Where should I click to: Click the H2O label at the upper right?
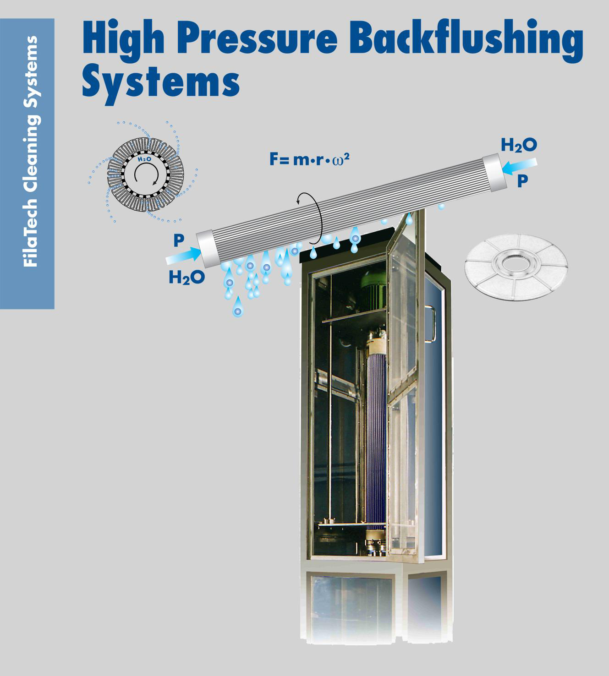click(x=519, y=145)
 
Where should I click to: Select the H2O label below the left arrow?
click(x=186, y=277)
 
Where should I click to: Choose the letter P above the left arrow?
click(x=179, y=240)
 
